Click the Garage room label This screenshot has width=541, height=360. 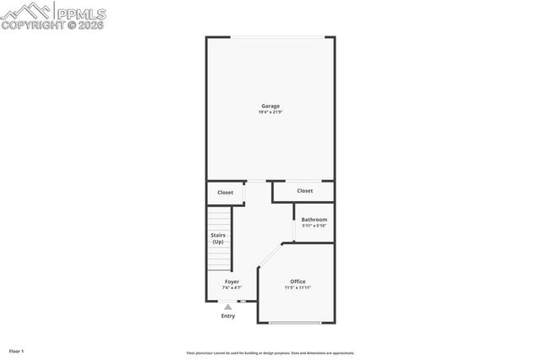pos(270,106)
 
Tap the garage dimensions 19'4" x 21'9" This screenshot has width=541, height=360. pos(270,113)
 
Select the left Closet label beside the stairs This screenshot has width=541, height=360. pos(225,193)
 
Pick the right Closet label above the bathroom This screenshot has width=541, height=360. pos(304,191)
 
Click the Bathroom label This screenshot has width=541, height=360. pos(314,220)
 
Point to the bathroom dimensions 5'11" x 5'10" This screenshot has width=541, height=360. pos(314,226)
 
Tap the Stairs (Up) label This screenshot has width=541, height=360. pos(218,239)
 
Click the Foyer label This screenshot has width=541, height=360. pos(232,281)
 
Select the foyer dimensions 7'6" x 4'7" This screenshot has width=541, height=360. pos(232,288)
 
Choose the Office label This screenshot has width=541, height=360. pos(298,281)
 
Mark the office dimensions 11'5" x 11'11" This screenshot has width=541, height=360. pos(298,288)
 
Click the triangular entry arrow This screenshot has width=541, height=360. pos(228,307)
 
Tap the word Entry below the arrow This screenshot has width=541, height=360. pos(228,316)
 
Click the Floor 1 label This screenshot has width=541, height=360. pos(17,351)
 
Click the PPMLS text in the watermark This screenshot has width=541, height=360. pos(81,12)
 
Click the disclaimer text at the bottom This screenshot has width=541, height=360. pos(270,353)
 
